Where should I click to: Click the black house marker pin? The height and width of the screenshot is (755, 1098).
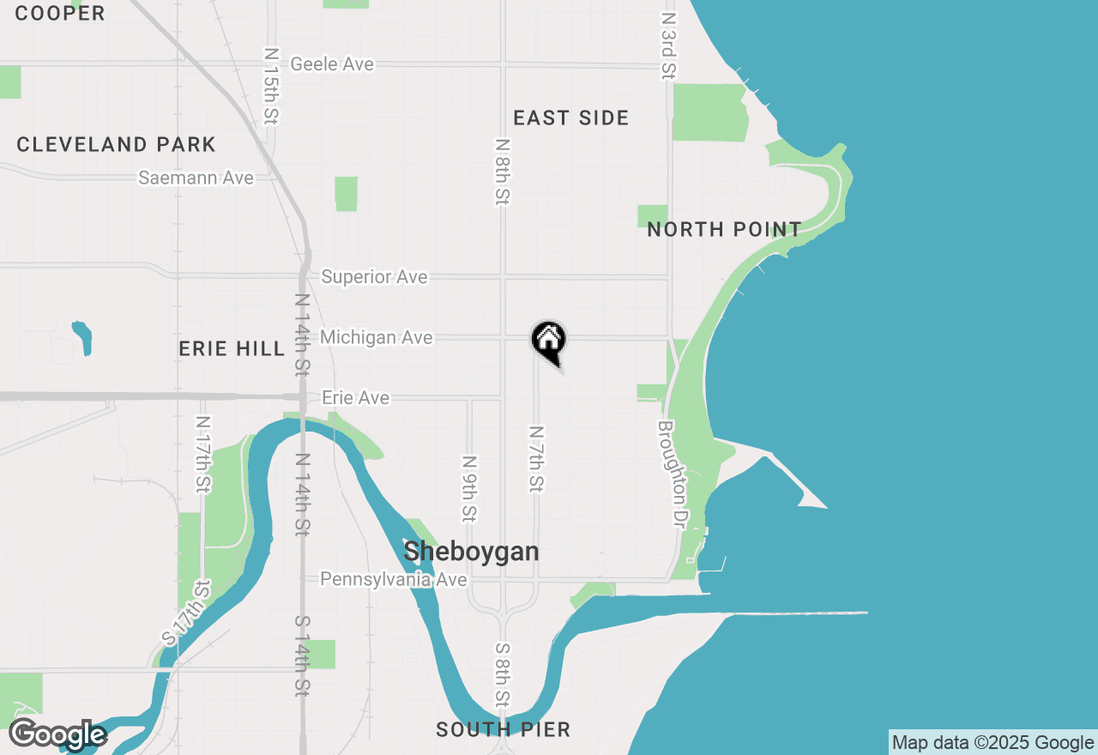(549, 341)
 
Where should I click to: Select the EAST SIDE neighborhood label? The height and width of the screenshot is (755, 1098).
(571, 118)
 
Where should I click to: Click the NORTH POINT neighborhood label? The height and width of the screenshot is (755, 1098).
(724, 229)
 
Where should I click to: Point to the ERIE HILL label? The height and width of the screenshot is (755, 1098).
(232, 348)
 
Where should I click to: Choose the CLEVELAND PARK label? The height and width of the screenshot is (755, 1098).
(116, 144)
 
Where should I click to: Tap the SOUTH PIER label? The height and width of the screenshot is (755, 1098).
(503, 729)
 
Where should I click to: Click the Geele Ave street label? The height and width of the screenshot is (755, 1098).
(332, 64)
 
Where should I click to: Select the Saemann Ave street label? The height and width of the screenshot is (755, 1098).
(196, 178)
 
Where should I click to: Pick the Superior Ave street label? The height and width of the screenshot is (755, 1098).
(374, 277)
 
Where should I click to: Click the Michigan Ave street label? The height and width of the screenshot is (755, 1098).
(376, 338)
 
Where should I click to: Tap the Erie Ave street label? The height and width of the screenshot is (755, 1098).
(355, 398)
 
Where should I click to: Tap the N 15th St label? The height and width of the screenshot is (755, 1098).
(271, 85)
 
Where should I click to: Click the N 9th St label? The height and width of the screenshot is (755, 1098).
(469, 488)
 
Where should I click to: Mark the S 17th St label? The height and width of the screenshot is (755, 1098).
(186, 613)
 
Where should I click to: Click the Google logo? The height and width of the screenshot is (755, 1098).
(57, 735)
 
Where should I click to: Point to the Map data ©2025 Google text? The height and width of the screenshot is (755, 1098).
(992, 743)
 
